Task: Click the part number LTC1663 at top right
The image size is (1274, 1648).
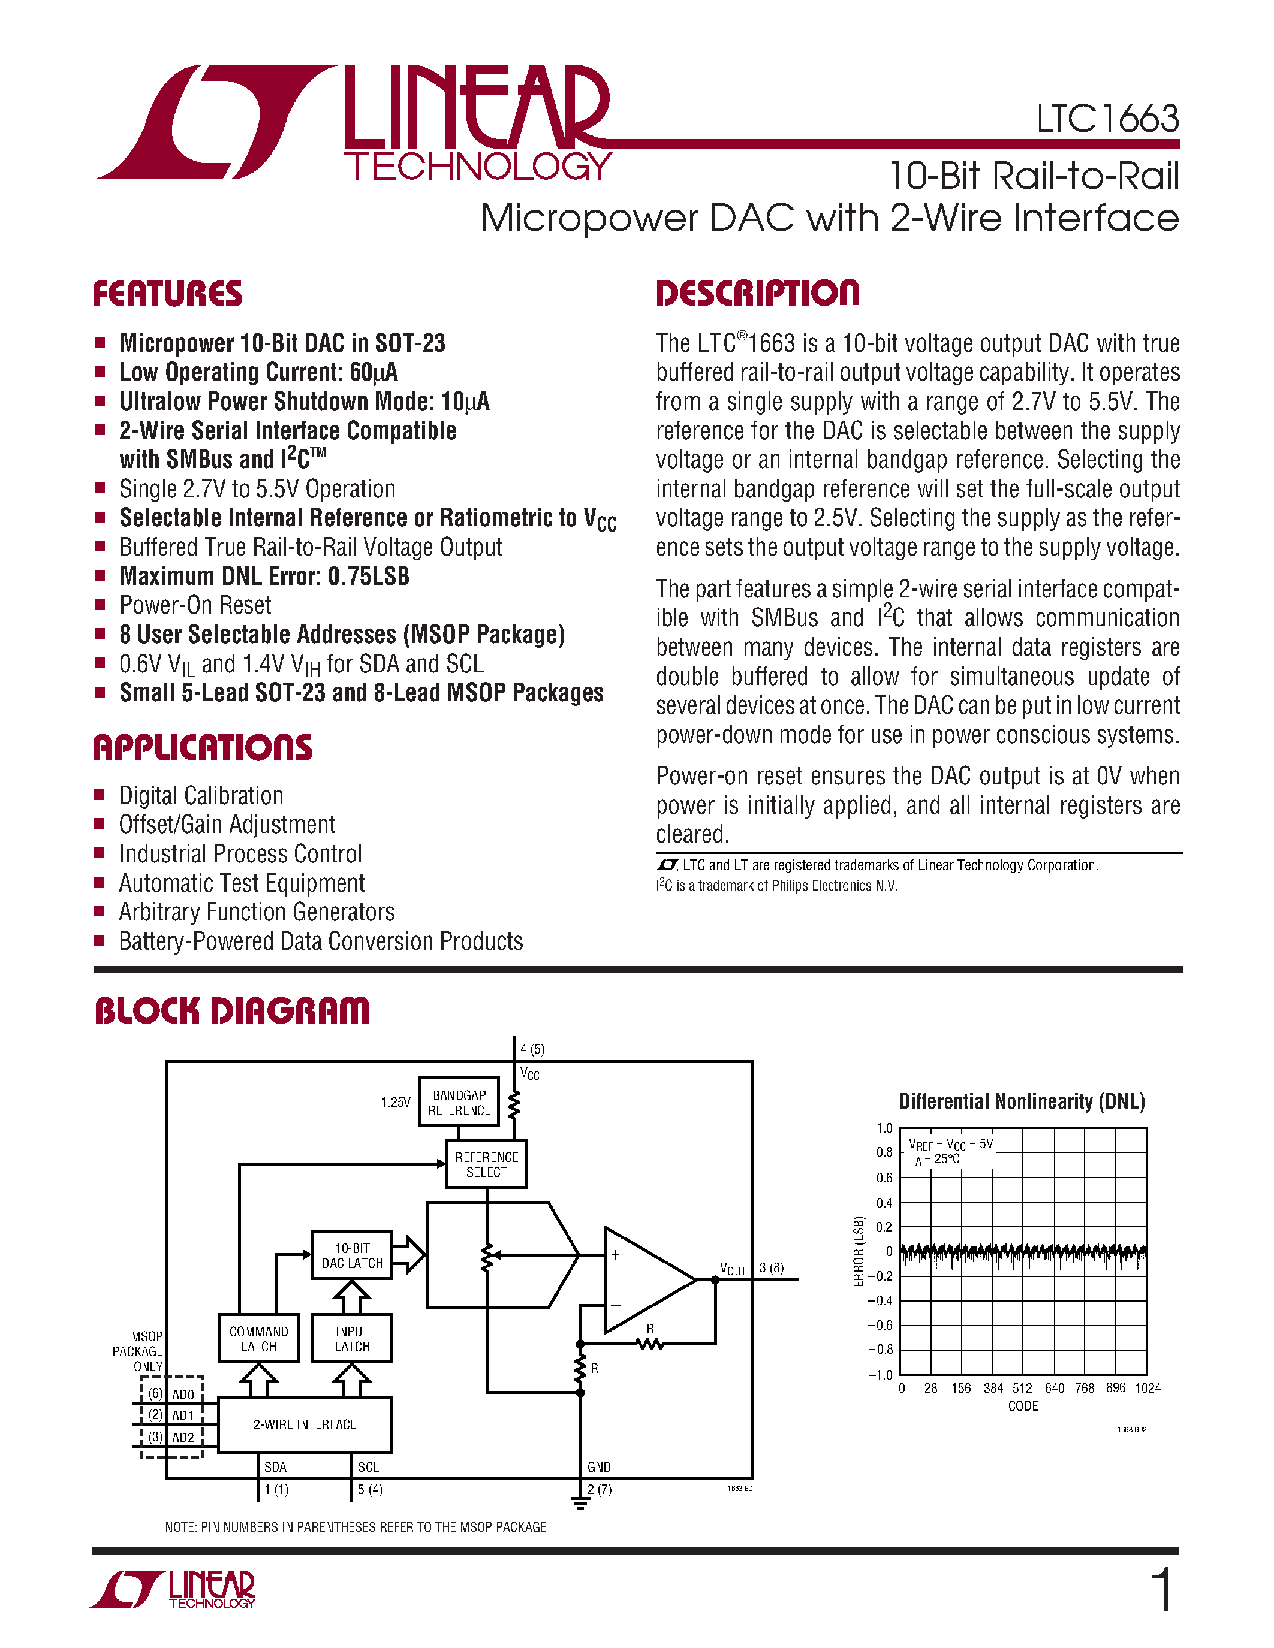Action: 1107,119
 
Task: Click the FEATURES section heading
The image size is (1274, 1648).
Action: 167,294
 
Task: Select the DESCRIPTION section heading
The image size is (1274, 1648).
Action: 757,293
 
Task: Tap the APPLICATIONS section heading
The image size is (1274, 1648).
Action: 202,748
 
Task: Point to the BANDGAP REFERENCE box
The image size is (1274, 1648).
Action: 459,1103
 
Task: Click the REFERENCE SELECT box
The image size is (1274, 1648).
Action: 486,1164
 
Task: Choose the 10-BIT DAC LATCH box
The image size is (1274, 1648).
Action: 352,1255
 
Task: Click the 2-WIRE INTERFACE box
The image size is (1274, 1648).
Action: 305,1424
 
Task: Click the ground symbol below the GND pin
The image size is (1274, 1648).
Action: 580,1505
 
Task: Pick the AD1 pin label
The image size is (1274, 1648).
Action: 183,1415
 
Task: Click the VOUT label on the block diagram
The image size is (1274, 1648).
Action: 732,1269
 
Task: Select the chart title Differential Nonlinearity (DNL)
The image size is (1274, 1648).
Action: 1021,1101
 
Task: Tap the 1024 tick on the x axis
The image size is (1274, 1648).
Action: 1147,1388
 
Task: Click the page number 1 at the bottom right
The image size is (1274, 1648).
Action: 1163,1589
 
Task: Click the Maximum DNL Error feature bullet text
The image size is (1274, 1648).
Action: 264,577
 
